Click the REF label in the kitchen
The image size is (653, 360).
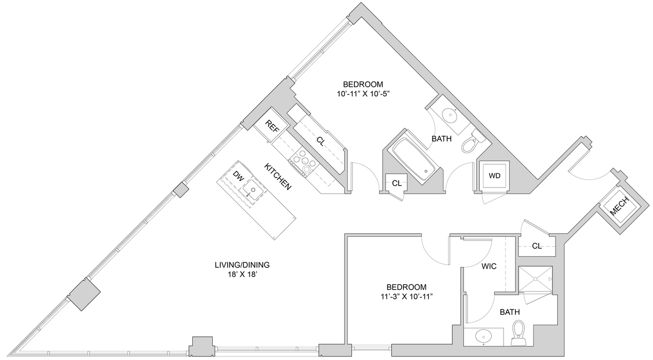[272, 126]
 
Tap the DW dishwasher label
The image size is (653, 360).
[238, 177]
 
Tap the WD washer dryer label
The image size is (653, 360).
[494, 176]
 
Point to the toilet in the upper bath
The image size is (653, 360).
[471, 141]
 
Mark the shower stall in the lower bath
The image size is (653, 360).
[535, 279]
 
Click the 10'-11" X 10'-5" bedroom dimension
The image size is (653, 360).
[363, 94]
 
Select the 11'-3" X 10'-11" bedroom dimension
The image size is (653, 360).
[406, 296]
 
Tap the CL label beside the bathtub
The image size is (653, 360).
[397, 183]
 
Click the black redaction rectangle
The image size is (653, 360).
[116, 27]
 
